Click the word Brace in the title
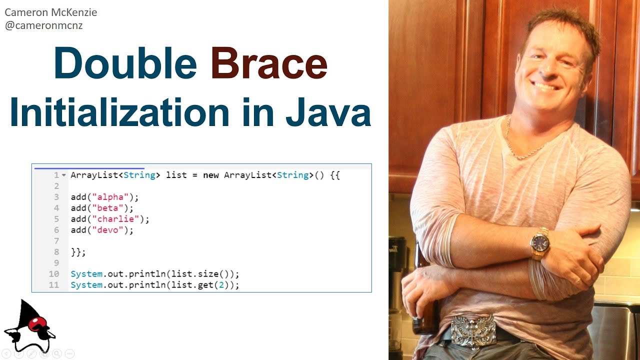(269, 63)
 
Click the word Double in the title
(125, 63)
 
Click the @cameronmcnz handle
(43, 25)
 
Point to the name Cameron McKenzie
(50, 12)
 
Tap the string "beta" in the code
(106, 208)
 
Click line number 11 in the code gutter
(54, 285)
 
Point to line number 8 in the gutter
(56, 252)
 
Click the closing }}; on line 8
(78, 252)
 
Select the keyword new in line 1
(211, 175)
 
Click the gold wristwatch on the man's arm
(540, 243)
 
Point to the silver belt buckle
(472, 330)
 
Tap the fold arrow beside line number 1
(63, 175)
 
